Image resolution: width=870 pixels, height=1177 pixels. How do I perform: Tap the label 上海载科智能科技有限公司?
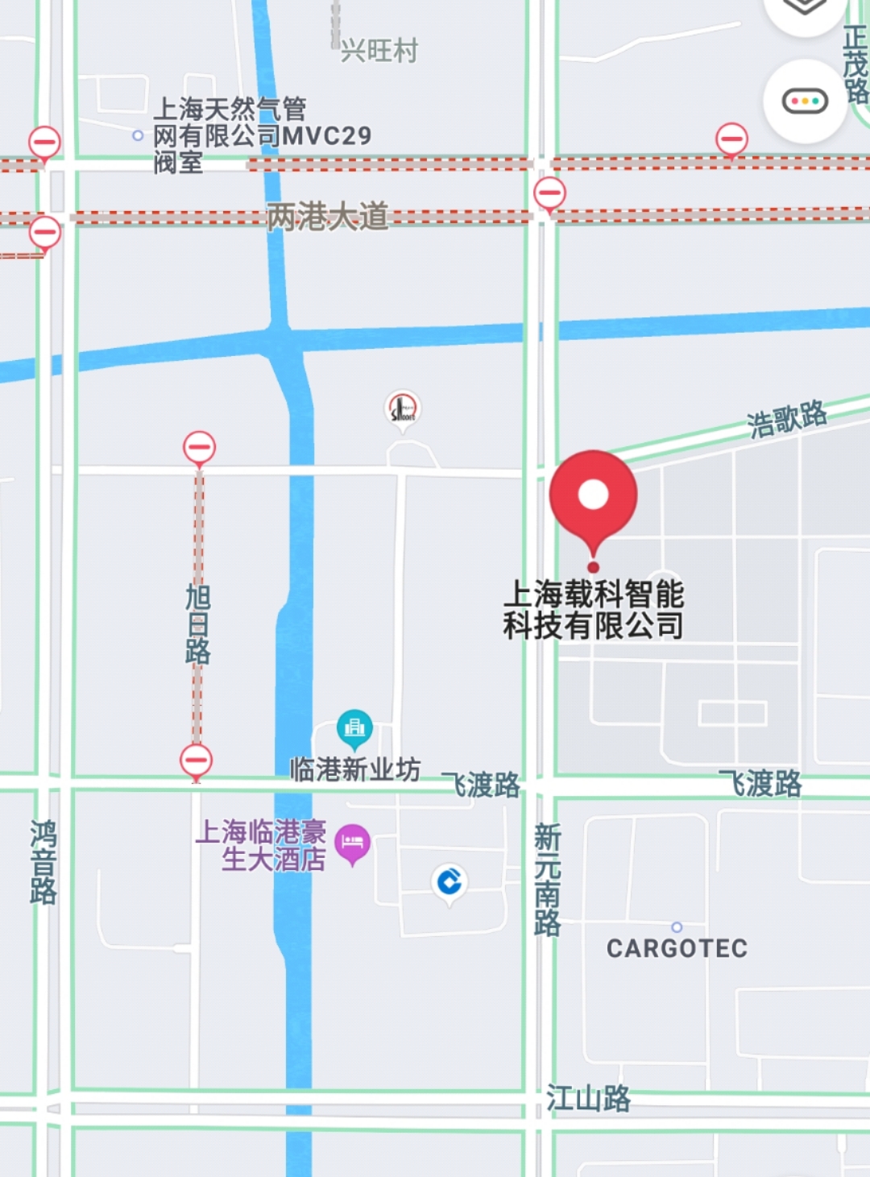point(593,610)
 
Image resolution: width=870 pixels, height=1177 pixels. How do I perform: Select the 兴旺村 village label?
point(379,51)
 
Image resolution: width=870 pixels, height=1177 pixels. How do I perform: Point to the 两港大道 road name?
point(327,216)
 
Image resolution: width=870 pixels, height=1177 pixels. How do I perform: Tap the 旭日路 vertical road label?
point(198,624)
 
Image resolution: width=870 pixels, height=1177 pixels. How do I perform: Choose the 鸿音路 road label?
point(43,862)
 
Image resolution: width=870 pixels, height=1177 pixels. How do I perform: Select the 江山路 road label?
point(588,1098)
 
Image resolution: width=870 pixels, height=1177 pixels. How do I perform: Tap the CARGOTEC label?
point(677,948)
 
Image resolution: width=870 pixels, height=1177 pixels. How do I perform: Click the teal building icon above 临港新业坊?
point(354,727)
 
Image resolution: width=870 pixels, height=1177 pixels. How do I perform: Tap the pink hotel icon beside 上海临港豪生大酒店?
point(352,843)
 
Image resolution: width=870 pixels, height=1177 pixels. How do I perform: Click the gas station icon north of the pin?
point(402,408)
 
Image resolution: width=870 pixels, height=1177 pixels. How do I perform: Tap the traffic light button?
point(805,102)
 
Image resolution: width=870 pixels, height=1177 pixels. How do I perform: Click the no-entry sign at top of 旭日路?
point(199,446)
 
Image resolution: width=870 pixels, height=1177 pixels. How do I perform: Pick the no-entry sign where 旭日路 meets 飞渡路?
point(196,760)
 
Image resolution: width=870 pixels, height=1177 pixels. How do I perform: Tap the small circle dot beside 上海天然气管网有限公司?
point(138,135)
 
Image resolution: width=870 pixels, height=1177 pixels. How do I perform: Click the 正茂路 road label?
point(855,64)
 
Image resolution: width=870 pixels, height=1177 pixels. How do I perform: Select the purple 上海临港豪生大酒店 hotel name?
point(262,845)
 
